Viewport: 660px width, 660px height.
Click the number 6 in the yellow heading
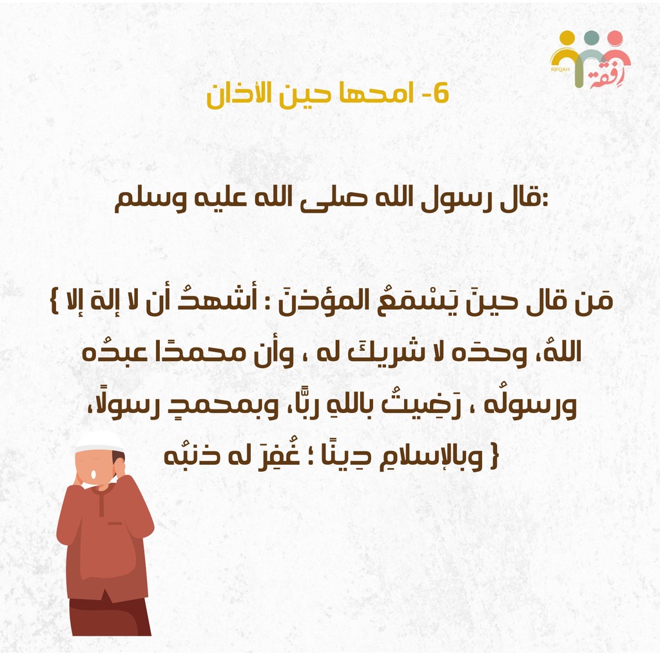pyautogui.click(x=441, y=93)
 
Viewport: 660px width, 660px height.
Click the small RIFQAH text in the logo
pyautogui.click(x=560, y=69)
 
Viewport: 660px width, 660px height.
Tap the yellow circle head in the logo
pyautogui.click(x=567, y=37)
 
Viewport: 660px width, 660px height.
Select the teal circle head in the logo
pyautogui.click(x=592, y=37)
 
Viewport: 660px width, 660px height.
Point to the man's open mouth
pyautogui.click(x=93, y=474)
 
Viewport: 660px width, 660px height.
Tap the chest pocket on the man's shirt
pyautogui.click(x=115, y=523)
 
